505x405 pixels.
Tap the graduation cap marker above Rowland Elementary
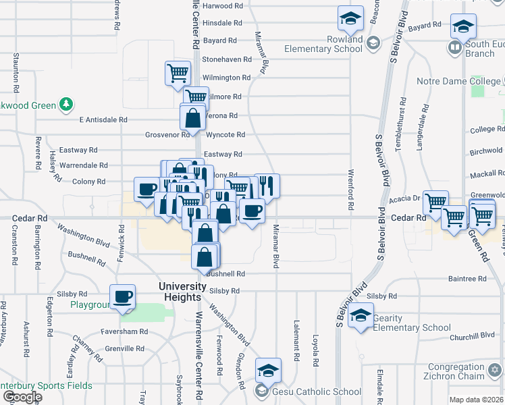pos(350,19)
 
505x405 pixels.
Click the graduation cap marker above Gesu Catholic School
pos(268,370)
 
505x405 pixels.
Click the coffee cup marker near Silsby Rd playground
pos(124,296)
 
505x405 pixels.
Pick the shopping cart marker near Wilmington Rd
pos(178,72)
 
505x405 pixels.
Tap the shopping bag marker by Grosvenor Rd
pos(193,117)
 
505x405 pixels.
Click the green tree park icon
pos(66,105)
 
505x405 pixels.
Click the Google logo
pos(22,397)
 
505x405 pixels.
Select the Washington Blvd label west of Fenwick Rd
pos(84,236)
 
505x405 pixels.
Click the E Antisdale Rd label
pos(103,119)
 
